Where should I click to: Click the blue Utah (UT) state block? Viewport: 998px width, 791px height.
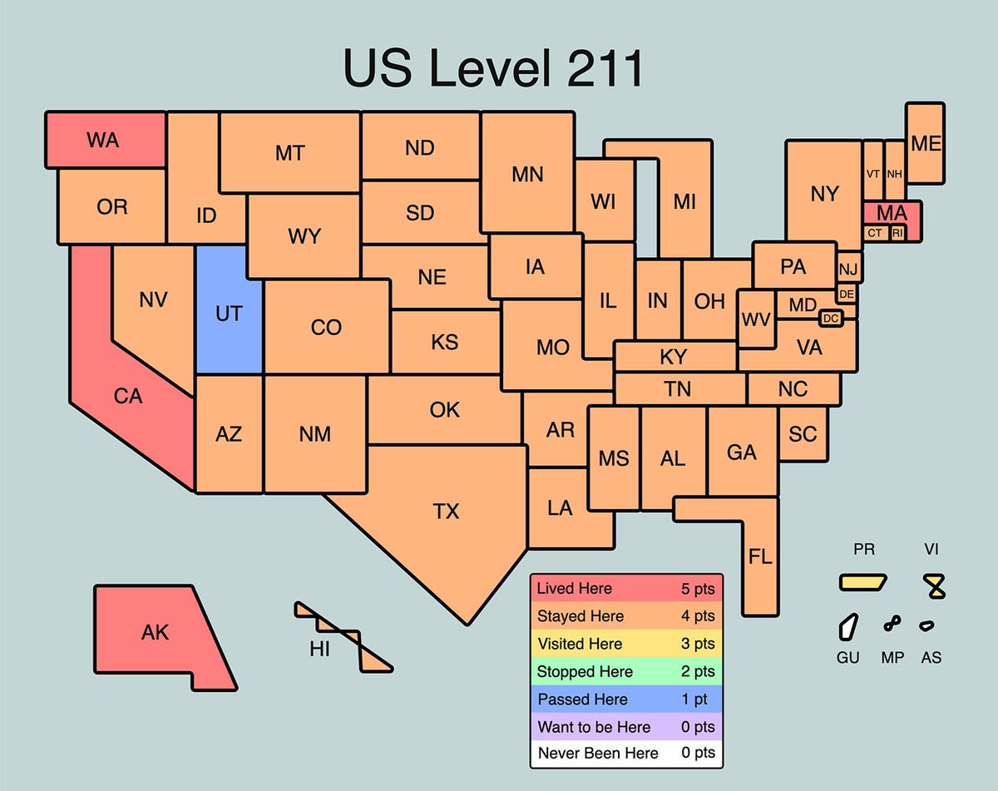[x=229, y=312]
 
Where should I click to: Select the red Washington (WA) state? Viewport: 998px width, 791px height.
[x=104, y=140]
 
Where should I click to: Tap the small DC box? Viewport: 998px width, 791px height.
[x=831, y=318]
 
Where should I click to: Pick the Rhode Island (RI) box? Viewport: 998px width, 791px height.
[x=897, y=234]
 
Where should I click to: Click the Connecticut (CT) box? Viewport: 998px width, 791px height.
[x=875, y=234]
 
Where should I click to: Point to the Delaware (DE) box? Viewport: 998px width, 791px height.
[x=847, y=294]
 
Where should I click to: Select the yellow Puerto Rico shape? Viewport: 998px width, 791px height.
[x=862, y=581]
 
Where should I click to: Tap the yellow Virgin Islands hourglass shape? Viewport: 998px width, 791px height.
[x=936, y=587]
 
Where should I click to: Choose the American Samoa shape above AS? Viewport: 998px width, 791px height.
[x=926, y=625]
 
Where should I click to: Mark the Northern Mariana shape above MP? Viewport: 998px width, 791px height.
[x=892, y=623]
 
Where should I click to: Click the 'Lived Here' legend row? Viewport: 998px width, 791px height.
[x=626, y=589]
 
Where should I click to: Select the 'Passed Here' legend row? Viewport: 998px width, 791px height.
[x=626, y=700]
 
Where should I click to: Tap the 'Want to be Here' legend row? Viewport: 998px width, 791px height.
[x=626, y=727]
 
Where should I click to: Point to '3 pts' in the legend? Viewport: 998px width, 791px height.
[x=697, y=644]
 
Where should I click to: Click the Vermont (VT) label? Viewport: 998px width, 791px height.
[x=872, y=174]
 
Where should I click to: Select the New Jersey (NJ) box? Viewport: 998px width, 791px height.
[x=848, y=269]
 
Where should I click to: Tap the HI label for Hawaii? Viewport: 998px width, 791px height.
[x=320, y=650]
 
